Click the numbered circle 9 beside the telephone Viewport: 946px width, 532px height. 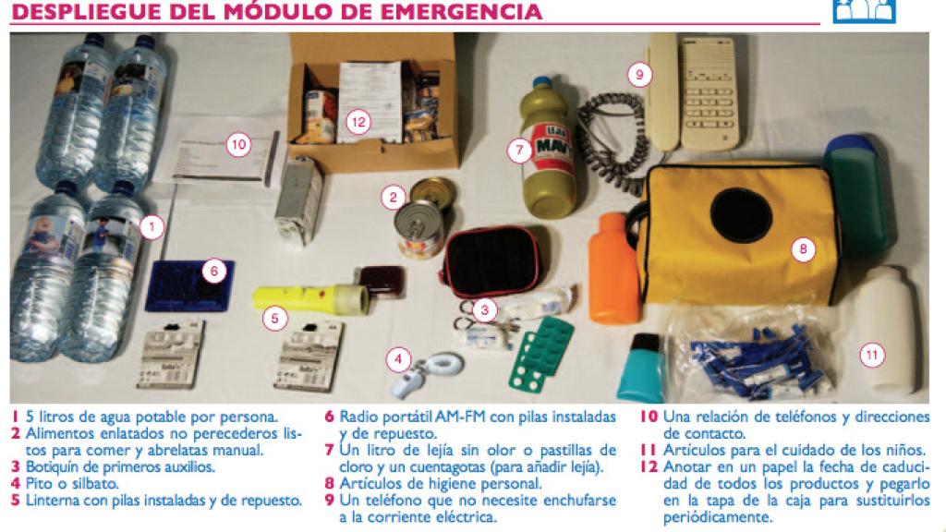tap(638, 75)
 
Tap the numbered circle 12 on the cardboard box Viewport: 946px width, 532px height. tap(358, 119)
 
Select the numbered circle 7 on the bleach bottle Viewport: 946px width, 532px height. tap(520, 148)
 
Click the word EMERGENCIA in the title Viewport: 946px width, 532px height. tap(467, 12)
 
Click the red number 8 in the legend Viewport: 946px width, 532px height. tap(328, 482)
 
